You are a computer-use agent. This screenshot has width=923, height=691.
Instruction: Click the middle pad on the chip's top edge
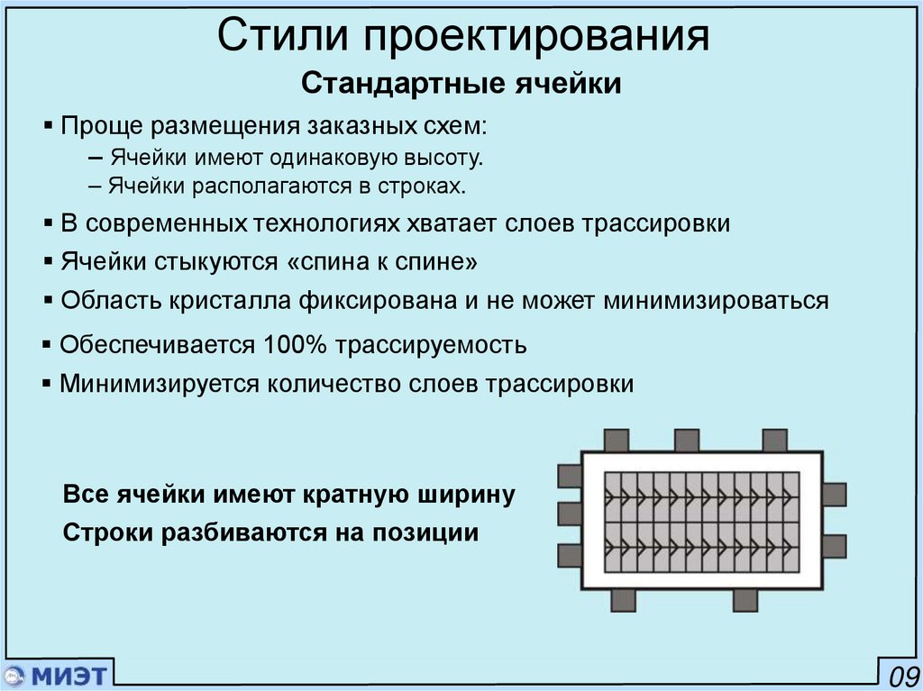[686, 441]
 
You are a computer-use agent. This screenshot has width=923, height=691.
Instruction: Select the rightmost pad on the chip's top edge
[774, 441]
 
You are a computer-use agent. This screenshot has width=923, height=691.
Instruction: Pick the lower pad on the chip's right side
[834, 546]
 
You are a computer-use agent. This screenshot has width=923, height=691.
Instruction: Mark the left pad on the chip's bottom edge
[624, 599]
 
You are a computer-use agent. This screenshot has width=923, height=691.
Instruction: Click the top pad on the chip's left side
[570, 475]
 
